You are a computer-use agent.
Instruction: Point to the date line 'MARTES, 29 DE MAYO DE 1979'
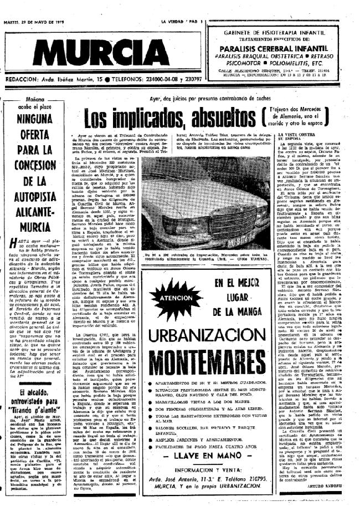[x=42, y=6]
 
